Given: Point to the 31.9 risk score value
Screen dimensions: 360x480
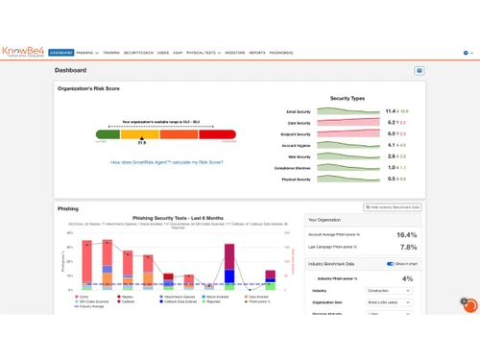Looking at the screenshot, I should pos(141,142).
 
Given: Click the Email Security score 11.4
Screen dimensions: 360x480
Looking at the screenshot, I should pos(392,111).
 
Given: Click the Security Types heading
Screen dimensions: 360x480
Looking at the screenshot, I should pos(347,98).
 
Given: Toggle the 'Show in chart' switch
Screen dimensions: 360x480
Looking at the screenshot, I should pos(392,263).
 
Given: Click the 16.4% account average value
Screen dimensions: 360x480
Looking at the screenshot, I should pos(406,234).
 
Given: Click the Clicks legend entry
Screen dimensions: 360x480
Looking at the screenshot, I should pos(81,298).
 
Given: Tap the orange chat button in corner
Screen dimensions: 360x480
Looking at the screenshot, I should pos(469,304).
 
